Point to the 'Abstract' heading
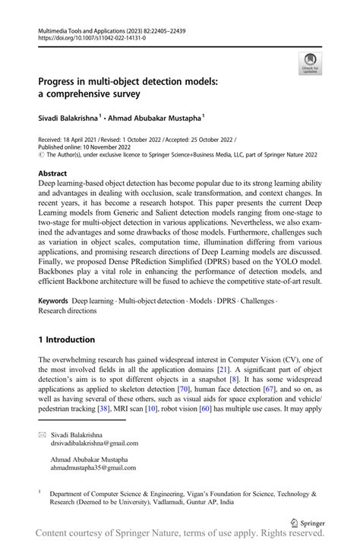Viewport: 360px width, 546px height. pos(57,173)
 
